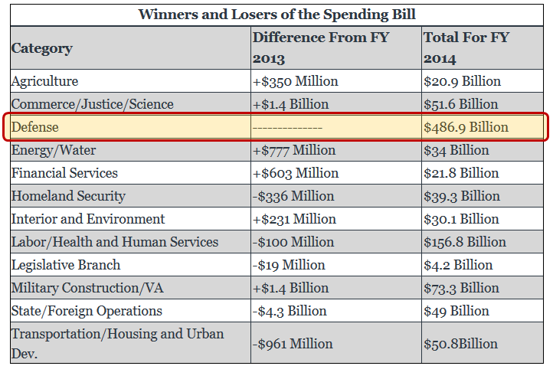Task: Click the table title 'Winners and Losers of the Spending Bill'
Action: [276, 15]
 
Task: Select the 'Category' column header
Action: [41, 48]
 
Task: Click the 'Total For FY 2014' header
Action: [466, 47]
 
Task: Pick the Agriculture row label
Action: [44, 81]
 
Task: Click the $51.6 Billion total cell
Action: [461, 104]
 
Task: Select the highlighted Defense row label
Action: [34, 127]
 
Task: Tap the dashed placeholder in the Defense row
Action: [287, 127]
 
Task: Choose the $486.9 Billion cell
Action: [465, 127]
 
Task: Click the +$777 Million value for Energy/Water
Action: [294, 150]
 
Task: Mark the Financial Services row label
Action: [64, 173]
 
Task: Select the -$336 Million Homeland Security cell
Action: [293, 196]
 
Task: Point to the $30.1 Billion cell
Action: [460, 219]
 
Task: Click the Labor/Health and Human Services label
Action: [114, 242]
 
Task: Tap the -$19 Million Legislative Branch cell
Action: [289, 265]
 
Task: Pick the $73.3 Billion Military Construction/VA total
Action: [461, 288]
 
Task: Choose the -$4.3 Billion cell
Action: [290, 311]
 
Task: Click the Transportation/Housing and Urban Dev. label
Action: [117, 343]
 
